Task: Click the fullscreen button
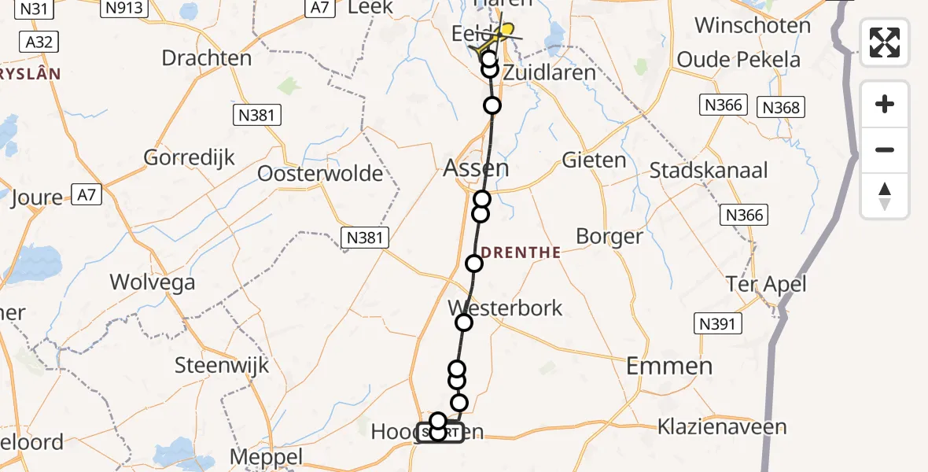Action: click(885, 42)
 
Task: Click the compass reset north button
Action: click(885, 196)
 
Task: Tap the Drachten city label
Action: click(207, 58)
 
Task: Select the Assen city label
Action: click(477, 168)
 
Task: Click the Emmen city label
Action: click(669, 365)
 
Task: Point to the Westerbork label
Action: click(505, 307)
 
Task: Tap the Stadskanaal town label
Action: click(709, 170)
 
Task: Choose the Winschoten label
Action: click(753, 25)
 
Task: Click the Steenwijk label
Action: click(222, 365)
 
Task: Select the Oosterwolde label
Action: click(320, 173)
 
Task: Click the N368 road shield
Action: click(780, 106)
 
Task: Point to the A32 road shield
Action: click(39, 41)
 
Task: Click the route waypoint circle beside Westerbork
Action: click(464, 322)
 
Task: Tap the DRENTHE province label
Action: click(521, 253)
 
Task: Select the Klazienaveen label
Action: click(722, 427)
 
